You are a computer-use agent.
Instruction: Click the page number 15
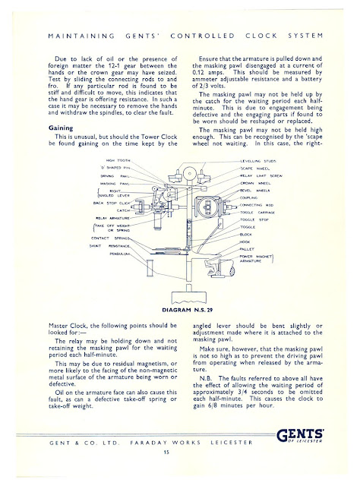click(x=179, y=453)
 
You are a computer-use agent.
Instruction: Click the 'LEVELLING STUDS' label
click(x=260, y=161)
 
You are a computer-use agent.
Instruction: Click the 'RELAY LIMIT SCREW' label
click(x=262, y=175)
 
